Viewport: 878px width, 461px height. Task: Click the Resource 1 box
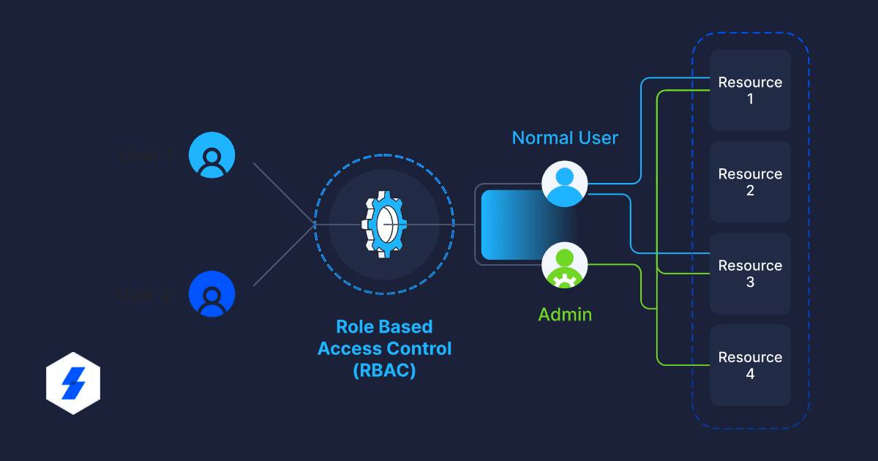point(750,90)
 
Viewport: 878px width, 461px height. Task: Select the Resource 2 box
point(750,181)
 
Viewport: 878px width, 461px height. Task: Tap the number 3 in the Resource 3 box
point(750,282)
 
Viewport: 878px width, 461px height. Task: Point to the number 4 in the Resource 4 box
point(750,374)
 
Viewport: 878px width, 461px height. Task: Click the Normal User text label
point(565,138)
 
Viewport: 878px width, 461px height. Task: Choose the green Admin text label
point(565,315)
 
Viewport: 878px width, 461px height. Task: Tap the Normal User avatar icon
point(565,184)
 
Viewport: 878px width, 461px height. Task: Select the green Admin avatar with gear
point(565,266)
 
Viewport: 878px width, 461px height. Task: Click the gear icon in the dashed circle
point(384,224)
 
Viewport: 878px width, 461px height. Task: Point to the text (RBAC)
point(384,370)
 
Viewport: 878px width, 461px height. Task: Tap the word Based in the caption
point(406,326)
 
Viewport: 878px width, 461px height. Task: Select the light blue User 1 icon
point(211,155)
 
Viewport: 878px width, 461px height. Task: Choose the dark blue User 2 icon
point(211,293)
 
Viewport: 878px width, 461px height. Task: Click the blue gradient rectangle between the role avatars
point(512,225)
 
